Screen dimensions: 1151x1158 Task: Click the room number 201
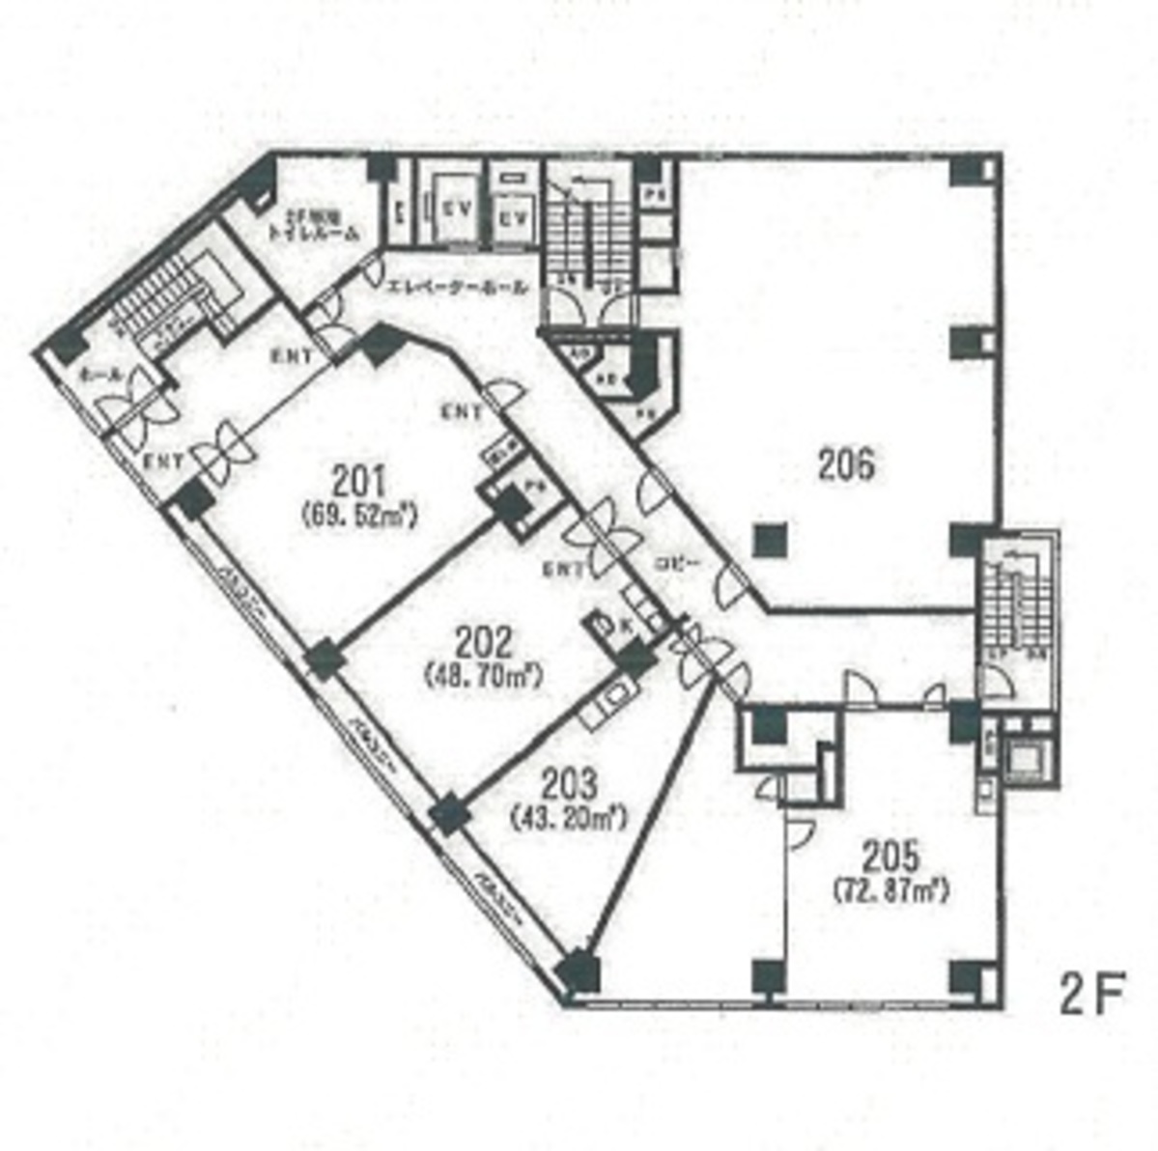point(358,480)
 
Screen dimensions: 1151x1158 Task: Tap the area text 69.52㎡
point(358,517)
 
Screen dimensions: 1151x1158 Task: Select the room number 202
point(483,642)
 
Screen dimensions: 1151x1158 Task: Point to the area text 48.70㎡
point(483,675)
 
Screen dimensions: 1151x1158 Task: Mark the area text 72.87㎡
point(890,890)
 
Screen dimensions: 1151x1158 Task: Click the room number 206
point(847,465)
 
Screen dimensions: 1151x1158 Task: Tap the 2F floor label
point(1092,996)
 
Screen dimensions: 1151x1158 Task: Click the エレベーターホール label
point(457,288)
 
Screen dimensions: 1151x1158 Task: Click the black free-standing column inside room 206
point(768,539)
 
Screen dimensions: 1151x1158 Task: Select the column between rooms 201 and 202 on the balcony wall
point(324,660)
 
